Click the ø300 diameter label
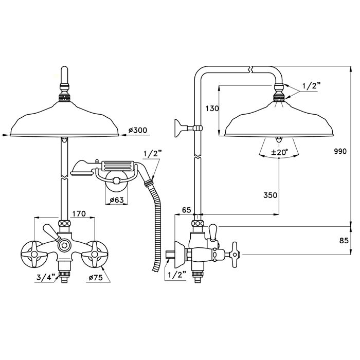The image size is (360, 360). tap(138, 131)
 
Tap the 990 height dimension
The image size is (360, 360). tap(340, 151)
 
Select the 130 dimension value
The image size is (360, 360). tap(212, 108)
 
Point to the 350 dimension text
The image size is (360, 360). tap(271, 195)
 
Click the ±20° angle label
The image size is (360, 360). tap(279, 152)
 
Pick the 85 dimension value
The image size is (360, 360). tap(344, 240)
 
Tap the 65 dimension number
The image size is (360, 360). tap(186, 210)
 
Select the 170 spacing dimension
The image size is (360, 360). tap(79, 213)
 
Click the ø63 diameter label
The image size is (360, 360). tap(117, 200)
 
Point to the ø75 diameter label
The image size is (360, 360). tap(96, 278)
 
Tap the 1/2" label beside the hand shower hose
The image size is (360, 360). tap(152, 154)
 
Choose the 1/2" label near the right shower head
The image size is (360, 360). tap(311, 86)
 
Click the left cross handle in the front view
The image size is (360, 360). tap(34, 254)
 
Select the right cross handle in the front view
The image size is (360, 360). tap(94, 254)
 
